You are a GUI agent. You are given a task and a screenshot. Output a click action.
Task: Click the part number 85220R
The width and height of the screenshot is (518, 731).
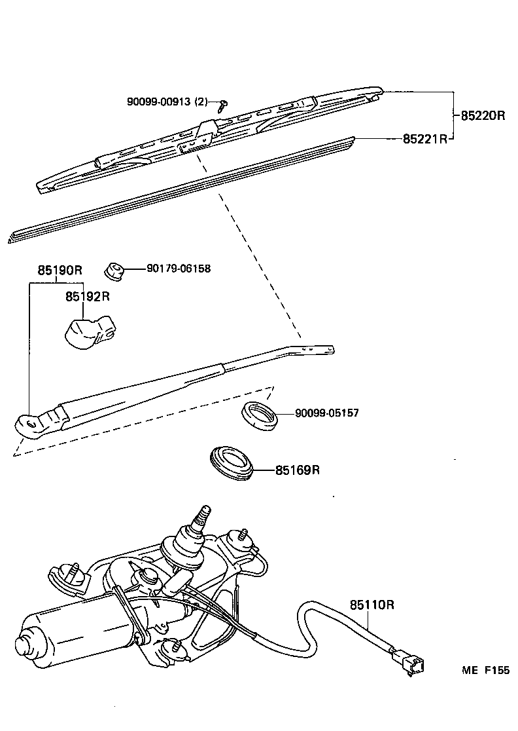pos(483,116)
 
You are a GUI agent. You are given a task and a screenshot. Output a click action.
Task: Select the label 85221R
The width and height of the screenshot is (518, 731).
pos(424,139)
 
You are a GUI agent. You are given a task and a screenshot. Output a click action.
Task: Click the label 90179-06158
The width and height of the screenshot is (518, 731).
pos(179,268)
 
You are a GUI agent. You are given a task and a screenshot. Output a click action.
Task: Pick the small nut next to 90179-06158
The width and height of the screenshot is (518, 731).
pos(115,269)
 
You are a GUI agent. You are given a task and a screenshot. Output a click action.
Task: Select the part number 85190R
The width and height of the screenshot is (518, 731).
pos(60,271)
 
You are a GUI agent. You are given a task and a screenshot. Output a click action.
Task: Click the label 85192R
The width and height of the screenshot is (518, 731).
pos(87,297)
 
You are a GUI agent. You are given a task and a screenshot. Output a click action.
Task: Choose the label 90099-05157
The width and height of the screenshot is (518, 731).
pos(326,413)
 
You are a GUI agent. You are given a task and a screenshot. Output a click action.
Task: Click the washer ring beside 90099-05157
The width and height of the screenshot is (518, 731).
pos(260,415)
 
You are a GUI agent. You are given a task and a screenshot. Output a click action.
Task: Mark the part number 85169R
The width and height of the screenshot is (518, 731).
pos(298,470)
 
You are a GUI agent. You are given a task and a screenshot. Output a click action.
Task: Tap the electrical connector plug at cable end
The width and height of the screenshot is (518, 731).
pos(409,660)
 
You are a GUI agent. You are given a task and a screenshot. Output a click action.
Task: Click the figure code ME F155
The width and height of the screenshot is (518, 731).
pos(485,670)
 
